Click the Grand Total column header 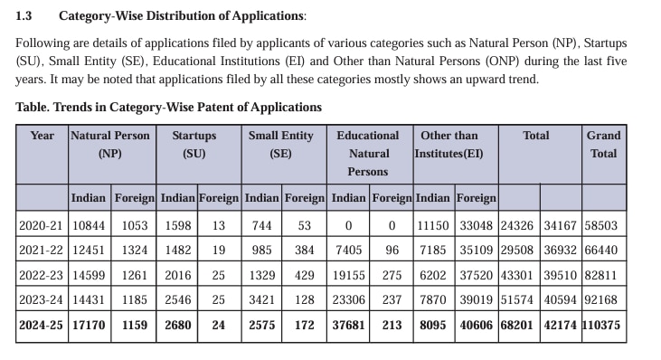pyautogui.click(x=603, y=144)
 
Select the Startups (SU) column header pyautogui.click(x=194, y=144)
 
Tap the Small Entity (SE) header pyautogui.click(x=280, y=144)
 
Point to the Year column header pyautogui.click(x=42, y=136)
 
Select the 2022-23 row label pyautogui.click(x=42, y=275)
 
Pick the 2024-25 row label pyautogui.click(x=42, y=325)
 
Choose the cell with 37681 pyautogui.click(x=349, y=325)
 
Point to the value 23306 pyautogui.click(x=349, y=299)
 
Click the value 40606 pyautogui.click(x=476, y=325)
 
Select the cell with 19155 pyautogui.click(x=349, y=275)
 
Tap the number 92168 pyautogui.click(x=603, y=299)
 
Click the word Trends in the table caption pyautogui.click(x=74, y=107)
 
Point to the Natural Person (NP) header pyautogui.click(x=110, y=144)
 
